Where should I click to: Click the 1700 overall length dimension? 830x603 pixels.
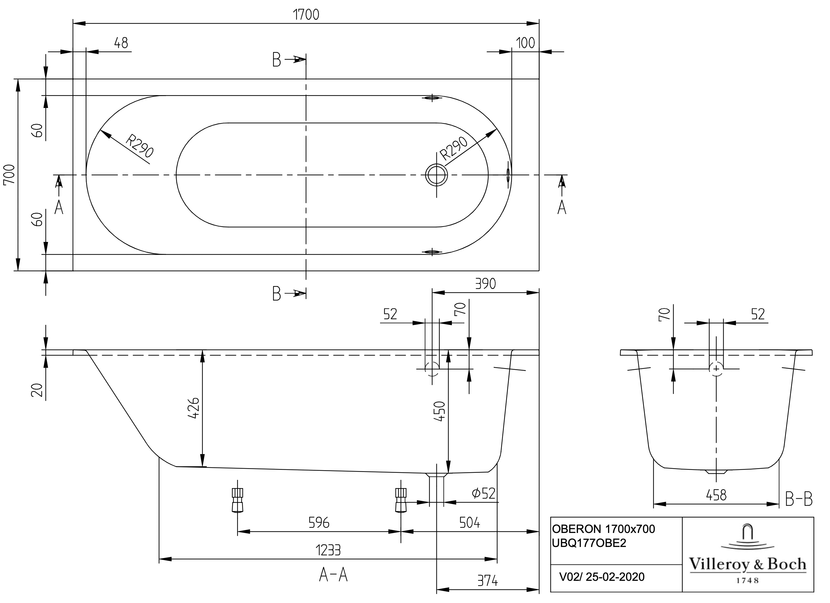click(306, 15)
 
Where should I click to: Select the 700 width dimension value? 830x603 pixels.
click(9, 175)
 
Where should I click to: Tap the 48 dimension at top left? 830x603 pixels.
click(121, 43)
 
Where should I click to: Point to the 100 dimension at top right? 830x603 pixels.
click(525, 43)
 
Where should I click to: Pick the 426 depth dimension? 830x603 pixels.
click(193, 408)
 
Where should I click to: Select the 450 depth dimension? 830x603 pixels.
click(439, 411)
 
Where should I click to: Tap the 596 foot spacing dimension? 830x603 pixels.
click(319, 523)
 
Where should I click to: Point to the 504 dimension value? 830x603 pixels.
click(470, 523)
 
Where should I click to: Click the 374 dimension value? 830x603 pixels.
click(487, 581)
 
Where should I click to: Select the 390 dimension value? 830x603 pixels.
click(485, 284)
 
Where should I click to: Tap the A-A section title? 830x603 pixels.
click(333, 575)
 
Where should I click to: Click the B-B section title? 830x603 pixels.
click(799, 499)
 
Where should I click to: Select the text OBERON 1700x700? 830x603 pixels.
click(603, 529)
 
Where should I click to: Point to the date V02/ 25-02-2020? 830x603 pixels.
click(602, 577)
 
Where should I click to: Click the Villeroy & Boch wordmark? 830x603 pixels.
click(748, 564)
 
